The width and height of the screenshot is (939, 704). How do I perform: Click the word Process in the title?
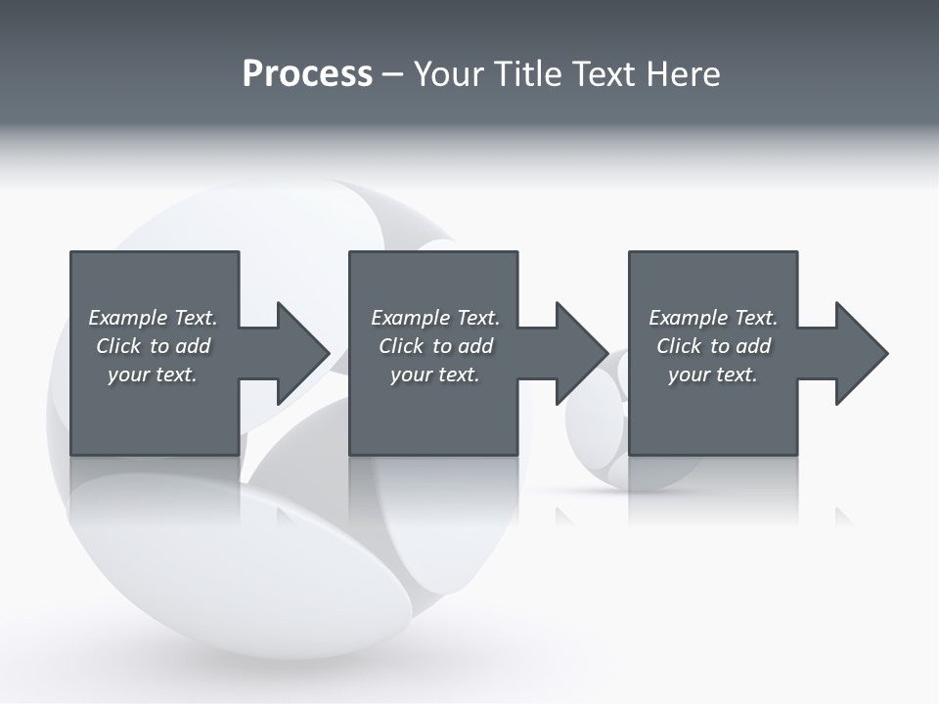[307, 74]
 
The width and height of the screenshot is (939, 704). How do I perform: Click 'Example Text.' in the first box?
[153, 318]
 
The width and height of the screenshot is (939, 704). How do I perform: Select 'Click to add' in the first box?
[153, 346]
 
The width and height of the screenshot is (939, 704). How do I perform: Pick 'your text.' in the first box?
[153, 374]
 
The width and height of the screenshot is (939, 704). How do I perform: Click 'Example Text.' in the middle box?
[435, 318]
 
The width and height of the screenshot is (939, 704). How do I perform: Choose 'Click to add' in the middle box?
[435, 346]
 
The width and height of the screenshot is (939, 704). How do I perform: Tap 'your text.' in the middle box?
[435, 374]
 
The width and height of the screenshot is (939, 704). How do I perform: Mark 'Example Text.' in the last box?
[713, 318]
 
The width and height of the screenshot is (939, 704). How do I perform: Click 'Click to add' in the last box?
[713, 346]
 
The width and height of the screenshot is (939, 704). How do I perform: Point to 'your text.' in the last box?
[713, 374]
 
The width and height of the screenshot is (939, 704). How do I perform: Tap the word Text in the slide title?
[602, 74]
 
